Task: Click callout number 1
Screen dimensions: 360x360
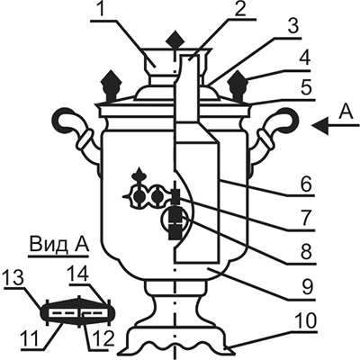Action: pyautogui.click(x=102, y=11)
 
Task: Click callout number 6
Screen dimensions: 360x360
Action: pyautogui.click(x=306, y=185)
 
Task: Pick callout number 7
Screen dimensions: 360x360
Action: pyautogui.click(x=306, y=219)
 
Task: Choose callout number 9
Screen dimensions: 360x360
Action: pyautogui.click(x=306, y=287)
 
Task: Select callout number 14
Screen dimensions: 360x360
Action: pyautogui.click(x=78, y=274)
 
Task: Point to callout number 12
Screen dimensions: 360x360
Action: pyautogui.click(x=101, y=339)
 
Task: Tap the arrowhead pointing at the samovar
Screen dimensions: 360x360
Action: pyautogui.click(x=319, y=126)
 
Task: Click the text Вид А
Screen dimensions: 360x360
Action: pyautogui.click(x=58, y=244)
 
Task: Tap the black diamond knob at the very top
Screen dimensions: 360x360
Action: pyautogui.click(x=175, y=40)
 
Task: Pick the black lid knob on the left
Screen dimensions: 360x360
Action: pyautogui.click(x=112, y=85)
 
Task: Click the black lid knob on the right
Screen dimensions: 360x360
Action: pyautogui.click(x=238, y=85)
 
